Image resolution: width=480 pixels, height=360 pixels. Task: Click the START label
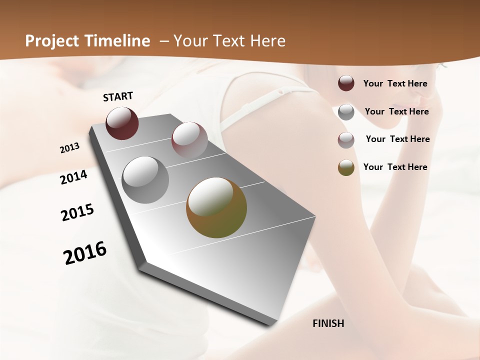(x=118, y=96)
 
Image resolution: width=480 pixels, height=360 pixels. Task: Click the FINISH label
(x=328, y=323)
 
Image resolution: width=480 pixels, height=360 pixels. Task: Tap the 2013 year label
(x=69, y=148)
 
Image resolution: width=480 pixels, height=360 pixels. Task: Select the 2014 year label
(x=73, y=177)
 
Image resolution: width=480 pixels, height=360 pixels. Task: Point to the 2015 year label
(x=77, y=212)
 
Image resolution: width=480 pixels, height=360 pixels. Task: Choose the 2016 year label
(x=85, y=253)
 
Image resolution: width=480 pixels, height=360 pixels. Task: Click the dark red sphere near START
(x=122, y=123)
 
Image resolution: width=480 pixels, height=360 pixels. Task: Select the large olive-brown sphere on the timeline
(x=216, y=207)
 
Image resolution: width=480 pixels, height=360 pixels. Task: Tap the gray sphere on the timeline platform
(x=145, y=179)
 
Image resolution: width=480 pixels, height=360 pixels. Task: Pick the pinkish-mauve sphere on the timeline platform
(x=189, y=139)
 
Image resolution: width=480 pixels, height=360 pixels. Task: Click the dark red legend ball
(x=346, y=83)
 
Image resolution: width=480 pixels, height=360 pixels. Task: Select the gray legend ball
(x=346, y=112)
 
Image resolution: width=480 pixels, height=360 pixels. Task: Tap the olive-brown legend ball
(x=346, y=167)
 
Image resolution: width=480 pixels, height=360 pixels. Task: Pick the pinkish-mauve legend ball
(x=346, y=140)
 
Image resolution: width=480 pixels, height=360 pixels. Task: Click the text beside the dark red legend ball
(x=395, y=83)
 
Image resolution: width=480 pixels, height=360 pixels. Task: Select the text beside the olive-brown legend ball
(x=395, y=167)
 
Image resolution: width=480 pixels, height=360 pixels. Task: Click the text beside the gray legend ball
(x=396, y=111)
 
